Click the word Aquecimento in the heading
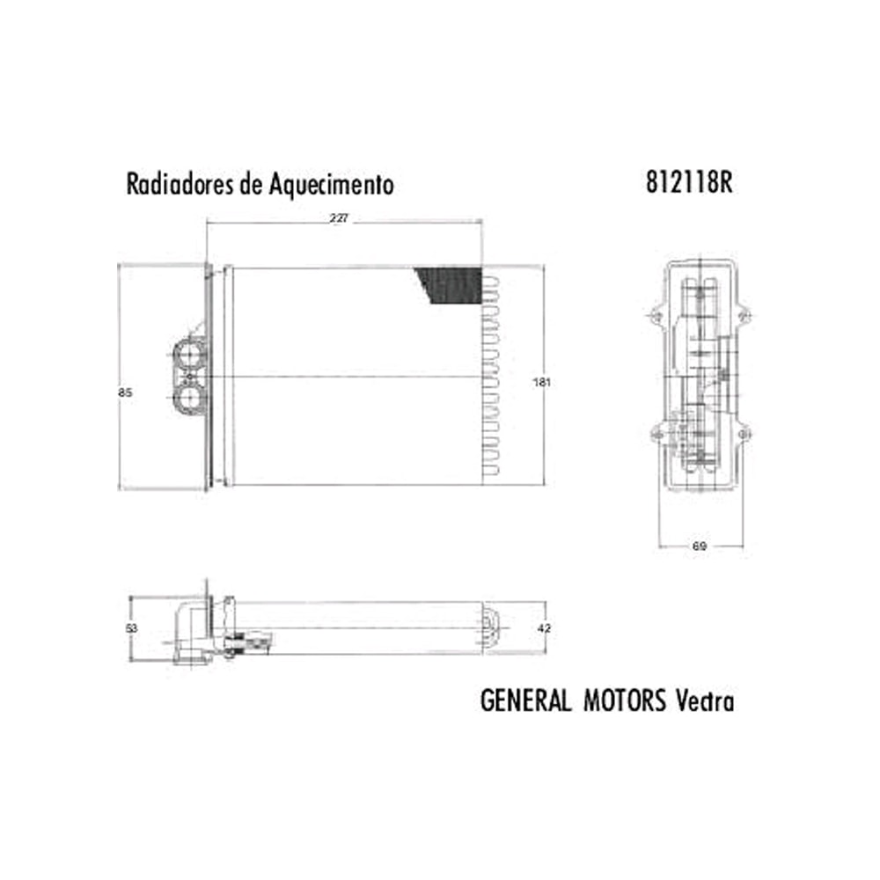(x=333, y=186)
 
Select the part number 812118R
(x=689, y=183)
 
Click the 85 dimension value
(x=125, y=393)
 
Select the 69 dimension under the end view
(x=700, y=546)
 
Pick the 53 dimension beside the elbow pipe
(x=131, y=628)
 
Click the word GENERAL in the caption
(x=526, y=701)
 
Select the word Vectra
(x=704, y=701)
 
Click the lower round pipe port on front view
(x=189, y=401)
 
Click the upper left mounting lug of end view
(x=656, y=315)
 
